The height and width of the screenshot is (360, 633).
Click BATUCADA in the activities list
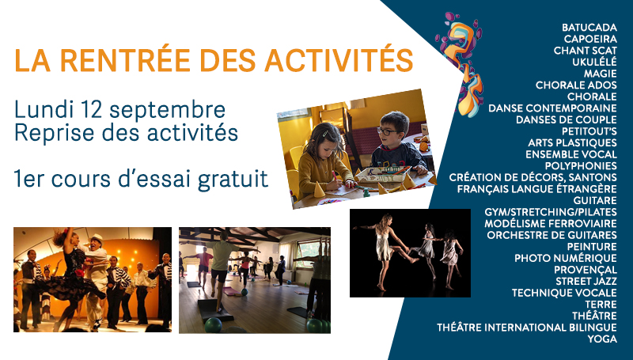[x=589, y=28]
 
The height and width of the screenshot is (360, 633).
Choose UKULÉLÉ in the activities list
[x=594, y=63]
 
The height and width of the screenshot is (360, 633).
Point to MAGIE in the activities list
[x=600, y=74]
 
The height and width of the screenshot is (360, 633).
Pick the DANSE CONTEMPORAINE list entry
[x=552, y=108]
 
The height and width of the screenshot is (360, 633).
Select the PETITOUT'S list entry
[x=589, y=131]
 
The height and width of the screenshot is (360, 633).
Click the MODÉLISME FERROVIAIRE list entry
[x=551, y=224]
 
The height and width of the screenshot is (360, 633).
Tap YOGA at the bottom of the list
[x=602, y=339]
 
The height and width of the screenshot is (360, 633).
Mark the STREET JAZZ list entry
[x=586, y=282]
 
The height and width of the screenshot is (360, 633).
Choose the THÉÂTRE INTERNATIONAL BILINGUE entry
[x=527, y=328]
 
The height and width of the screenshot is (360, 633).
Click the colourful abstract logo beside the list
[x=461, y=65]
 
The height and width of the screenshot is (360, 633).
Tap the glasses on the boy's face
[x=388, y=131]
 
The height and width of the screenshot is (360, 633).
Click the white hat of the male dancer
[x=96, y=238]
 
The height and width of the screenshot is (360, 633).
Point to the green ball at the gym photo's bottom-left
[x=213, y=325]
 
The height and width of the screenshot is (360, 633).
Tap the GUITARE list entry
[x=595, y=201]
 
